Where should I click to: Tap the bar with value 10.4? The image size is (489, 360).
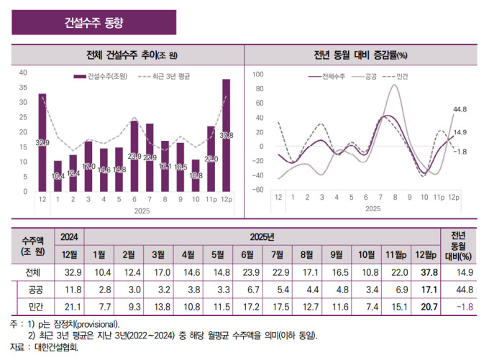[58, 176]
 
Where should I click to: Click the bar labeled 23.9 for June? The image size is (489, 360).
[134, 156]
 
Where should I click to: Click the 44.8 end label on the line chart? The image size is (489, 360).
[460, 109]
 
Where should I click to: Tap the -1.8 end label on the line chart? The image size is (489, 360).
[460, 151]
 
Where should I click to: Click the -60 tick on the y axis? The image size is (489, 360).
[258, 190]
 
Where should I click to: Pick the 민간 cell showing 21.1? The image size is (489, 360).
[70, 308]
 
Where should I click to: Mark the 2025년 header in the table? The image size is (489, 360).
[262, 236]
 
